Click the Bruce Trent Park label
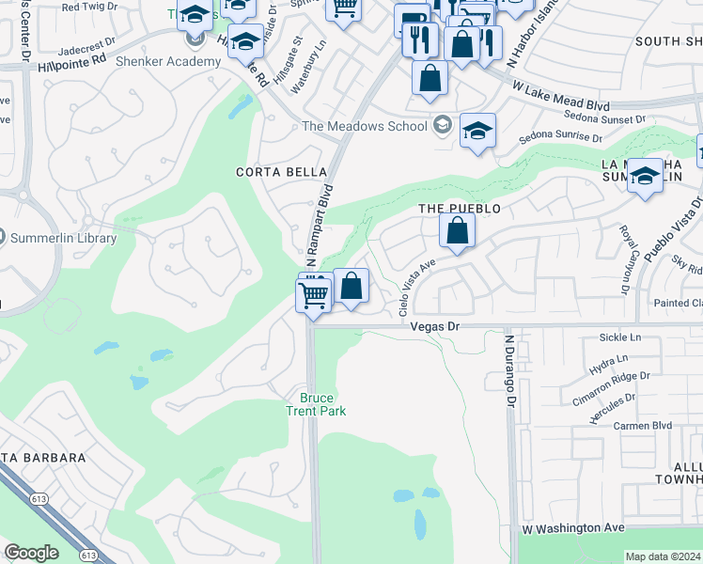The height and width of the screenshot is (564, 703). (317, 404)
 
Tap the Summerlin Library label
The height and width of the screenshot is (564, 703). (63, 238)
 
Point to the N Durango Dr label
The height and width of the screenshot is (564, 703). (511, 371)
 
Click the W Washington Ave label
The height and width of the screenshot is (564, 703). (572, 529)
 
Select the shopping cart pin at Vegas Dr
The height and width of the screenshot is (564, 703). (314, 294)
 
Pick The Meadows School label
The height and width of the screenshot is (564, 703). (365, 127)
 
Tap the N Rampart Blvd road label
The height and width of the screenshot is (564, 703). (320, 223)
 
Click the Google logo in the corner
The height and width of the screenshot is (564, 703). (31, 553)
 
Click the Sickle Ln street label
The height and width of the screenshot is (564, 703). (620, 337)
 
